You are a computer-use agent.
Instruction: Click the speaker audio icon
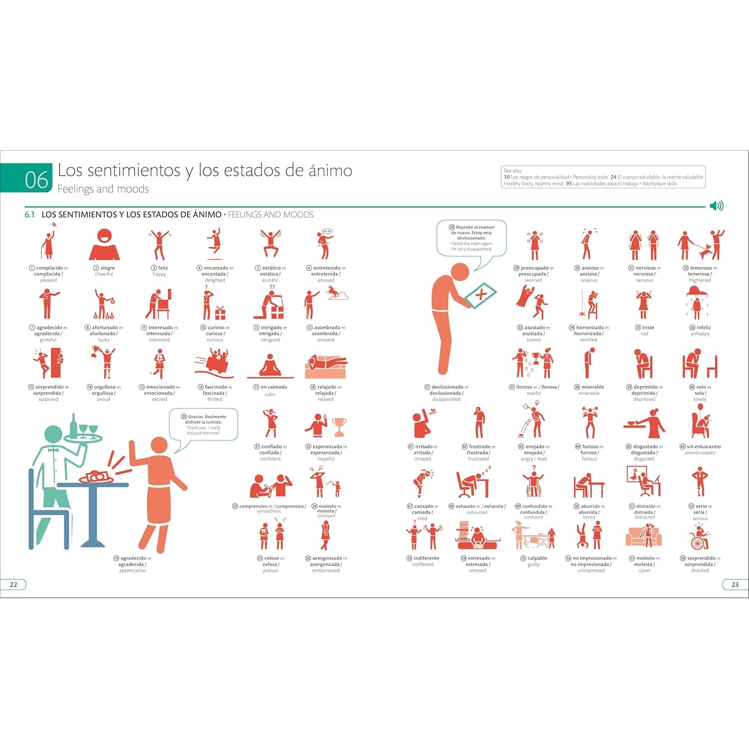click(x=717, y=206)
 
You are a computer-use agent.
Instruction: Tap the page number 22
click(x=13, y=585)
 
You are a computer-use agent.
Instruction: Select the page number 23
click(x=735, y=585)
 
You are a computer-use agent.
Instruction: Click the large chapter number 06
click(x=36, y=180)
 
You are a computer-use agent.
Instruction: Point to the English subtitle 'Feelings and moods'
click(x=103, y=189)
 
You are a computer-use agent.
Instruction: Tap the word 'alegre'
click(x=107, y=268)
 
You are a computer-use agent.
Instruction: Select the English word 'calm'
click(x=270, y=394)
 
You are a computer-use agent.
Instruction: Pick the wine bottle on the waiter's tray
click(x=74, y=424)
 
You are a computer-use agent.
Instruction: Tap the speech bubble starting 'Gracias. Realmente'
click(x=204, y=424)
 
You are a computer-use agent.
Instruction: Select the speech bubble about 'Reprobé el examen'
click(x=471, y=238)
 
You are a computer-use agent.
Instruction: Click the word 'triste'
click(x=648, y=328)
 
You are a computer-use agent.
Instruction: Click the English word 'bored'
click(x=589, y=517)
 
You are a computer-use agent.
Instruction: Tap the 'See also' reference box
click(x=603, y=177)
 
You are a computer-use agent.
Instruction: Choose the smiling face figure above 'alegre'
click(x=104, y=245)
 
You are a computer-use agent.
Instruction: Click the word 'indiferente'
click(x=426, y=558)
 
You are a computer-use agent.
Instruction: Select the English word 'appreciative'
click(x=132, y=570)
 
